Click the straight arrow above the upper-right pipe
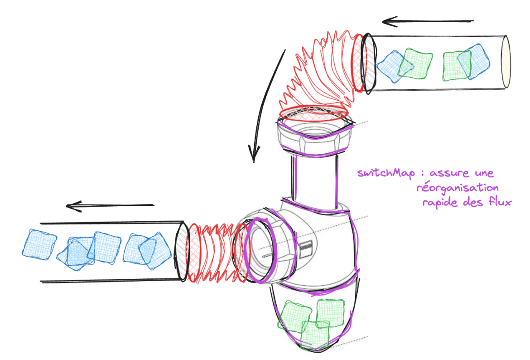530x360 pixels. pyautogui.click(x=427, y=21)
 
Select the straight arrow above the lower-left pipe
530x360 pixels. pyautogui.click(x=110, y=206)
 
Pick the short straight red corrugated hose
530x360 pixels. pyautogui.click(x=211, y=252)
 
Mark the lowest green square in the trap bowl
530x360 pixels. pyautogui.click(x=315, y=334)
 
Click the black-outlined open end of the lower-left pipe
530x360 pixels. pyautogui.click(x=181, y=252)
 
